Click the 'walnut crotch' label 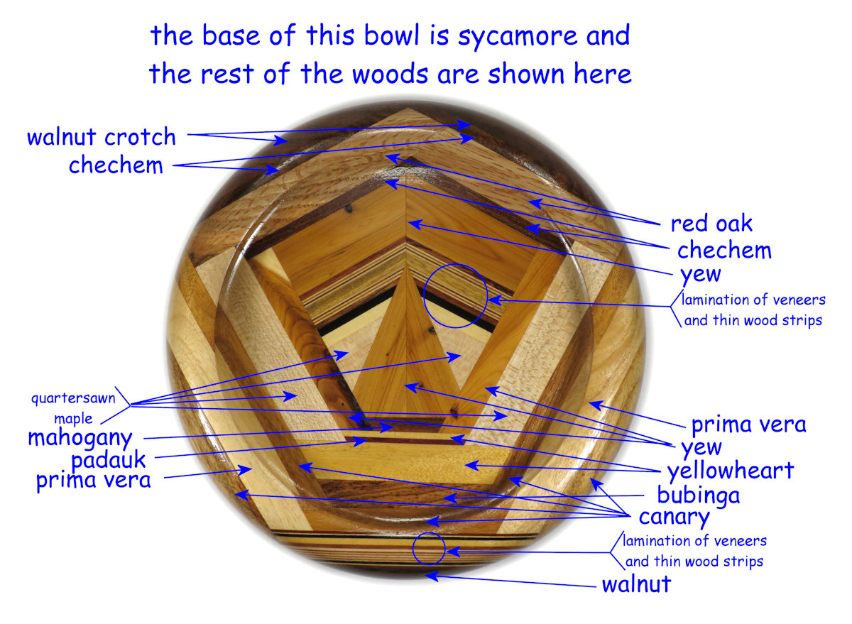pyautogui.click(x=101, y=137)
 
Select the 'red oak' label pyautogui.click(x=711, y=224)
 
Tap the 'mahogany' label pyautogui.click(x=80, y=437)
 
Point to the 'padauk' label pyautogui.click(x=108, y=459)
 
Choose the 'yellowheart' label pyautogui.click(x=730, y=471)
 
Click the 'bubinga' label pyautogui.click(x=698, y=495)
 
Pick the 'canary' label pyautogui.click(x=674, y=517)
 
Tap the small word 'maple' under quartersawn pyautogui.click(x=73, y=418)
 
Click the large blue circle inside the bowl pyautogui.click(x=455, y=296)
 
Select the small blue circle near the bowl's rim pyautogui.click(x=429, y=548)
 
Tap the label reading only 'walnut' pyautogui.click(x=636, y=585)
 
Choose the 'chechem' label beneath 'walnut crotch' pyautogui.click(x=116, y=165)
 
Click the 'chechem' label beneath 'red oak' pyautogui.click(x=723, y=250)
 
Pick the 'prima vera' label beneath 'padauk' pyautogui.click(x=93, y=481)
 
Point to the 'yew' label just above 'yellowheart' pyautogui.click(x=701, y=447)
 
